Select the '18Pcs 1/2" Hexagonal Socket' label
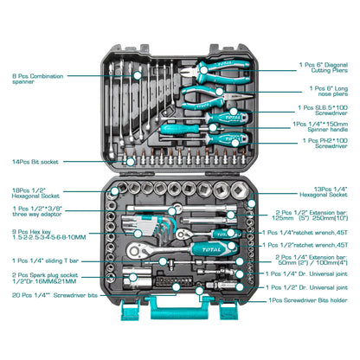[34, 195]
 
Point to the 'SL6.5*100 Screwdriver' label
[321, 110]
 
